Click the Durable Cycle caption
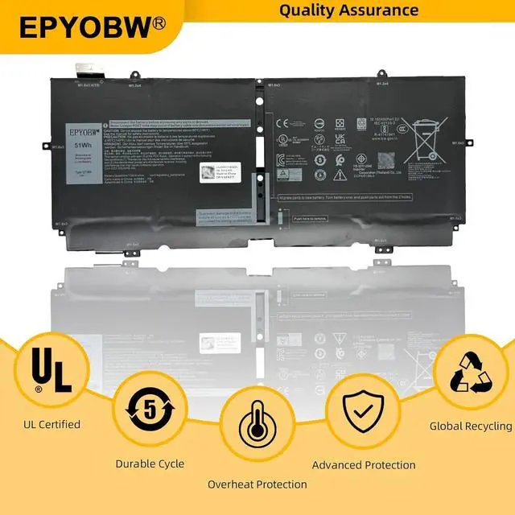150,463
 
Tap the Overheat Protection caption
257,484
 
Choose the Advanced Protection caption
364,464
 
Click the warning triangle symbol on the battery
283,174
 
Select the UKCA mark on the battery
340,139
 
